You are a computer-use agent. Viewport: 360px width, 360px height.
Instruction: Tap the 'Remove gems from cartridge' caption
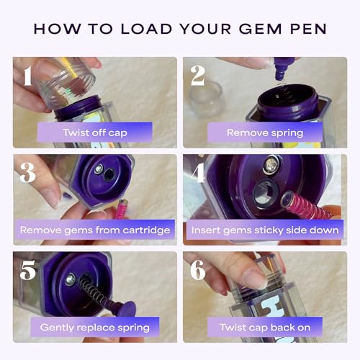click(x=95, y=230)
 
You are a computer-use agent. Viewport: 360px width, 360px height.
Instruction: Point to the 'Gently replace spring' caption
click(x=95, y=327)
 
